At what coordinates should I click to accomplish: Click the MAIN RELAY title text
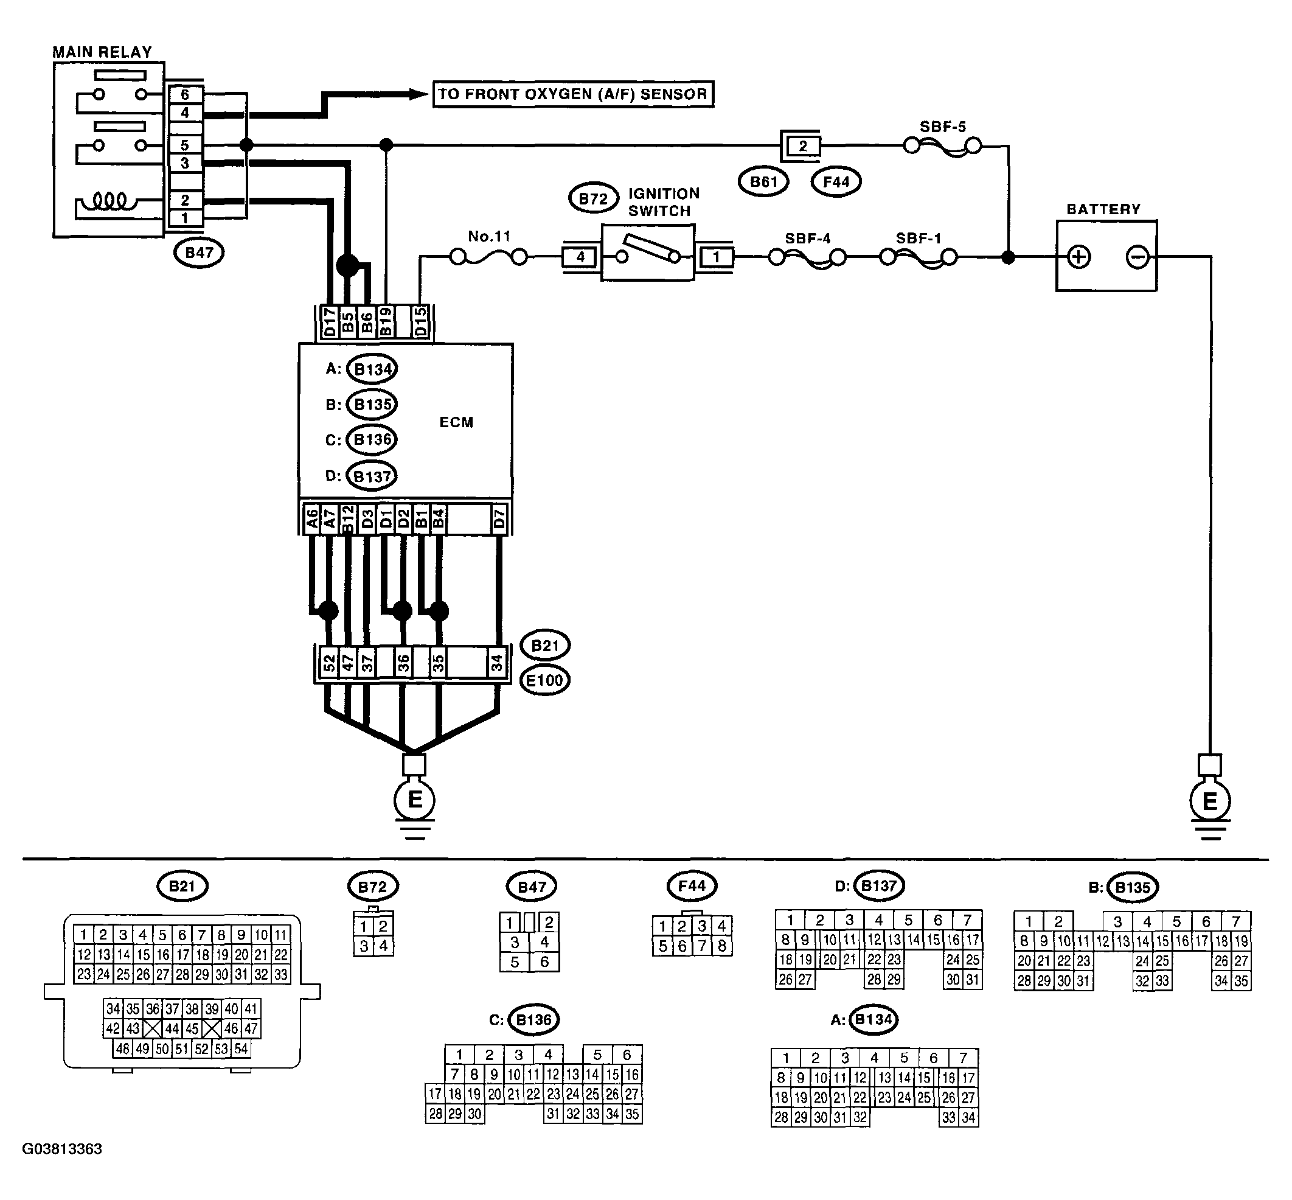coord(102,52)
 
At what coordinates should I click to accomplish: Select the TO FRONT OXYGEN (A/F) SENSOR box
coord(573,94)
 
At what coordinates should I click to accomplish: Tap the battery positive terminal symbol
coord(1078,257)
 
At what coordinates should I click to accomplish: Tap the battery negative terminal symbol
coord(1137,257)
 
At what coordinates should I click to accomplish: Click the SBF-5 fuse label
coord(943,127)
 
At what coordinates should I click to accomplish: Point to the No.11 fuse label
coord(489,236)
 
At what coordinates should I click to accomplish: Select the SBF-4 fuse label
coord(808,239)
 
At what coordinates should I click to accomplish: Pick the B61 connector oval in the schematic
coord(763,182)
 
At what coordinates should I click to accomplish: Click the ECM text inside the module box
coord(456,422)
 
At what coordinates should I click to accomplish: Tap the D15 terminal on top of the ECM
coord(421,322)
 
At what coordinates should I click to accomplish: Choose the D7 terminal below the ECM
coord(499,520)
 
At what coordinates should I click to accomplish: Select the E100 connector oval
coord(546,680)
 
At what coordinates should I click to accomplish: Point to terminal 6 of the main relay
coord(185,95)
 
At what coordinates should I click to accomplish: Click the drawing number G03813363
coord(62,1149)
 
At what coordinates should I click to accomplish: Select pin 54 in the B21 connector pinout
coord(241,1048)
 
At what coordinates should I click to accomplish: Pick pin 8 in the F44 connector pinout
coord(722,946)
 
